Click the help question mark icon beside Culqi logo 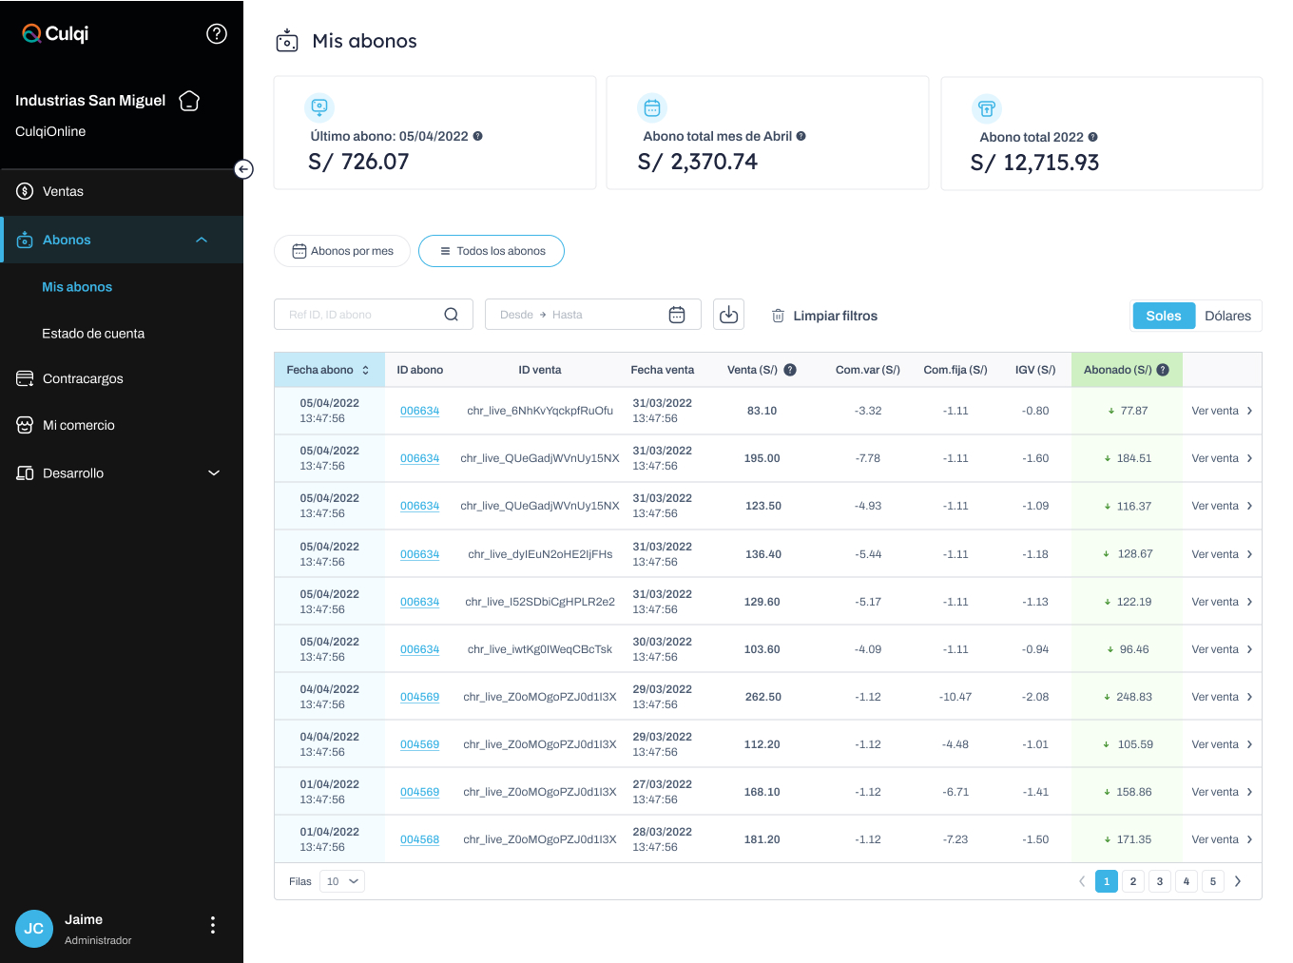[217, 34]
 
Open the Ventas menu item [63, 191]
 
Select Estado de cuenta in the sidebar [93, 334]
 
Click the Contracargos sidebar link [83, 378]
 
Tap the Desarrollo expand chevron [214, 472]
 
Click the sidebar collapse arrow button [244, 169]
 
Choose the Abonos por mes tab [342, 251]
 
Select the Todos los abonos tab [492, 251]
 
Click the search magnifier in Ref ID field [451, 315]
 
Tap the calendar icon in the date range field [677, 315]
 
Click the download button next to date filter [728, 315]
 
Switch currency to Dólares [1227, 316]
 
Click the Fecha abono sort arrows [366, 370]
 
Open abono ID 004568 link [419, 839]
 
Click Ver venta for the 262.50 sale [1222, 697]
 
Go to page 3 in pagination [1160, 881]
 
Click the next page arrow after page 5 [1238, 881]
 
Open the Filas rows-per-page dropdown [342, 881]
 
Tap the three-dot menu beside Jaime [213, 925]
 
